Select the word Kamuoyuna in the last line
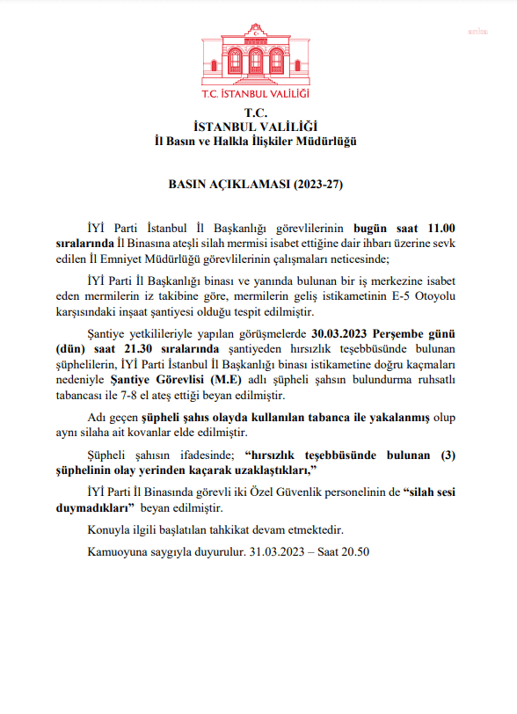pyautogui.click(x=118, y=551)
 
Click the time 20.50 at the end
pyautogui.click(x=353, y=551)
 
